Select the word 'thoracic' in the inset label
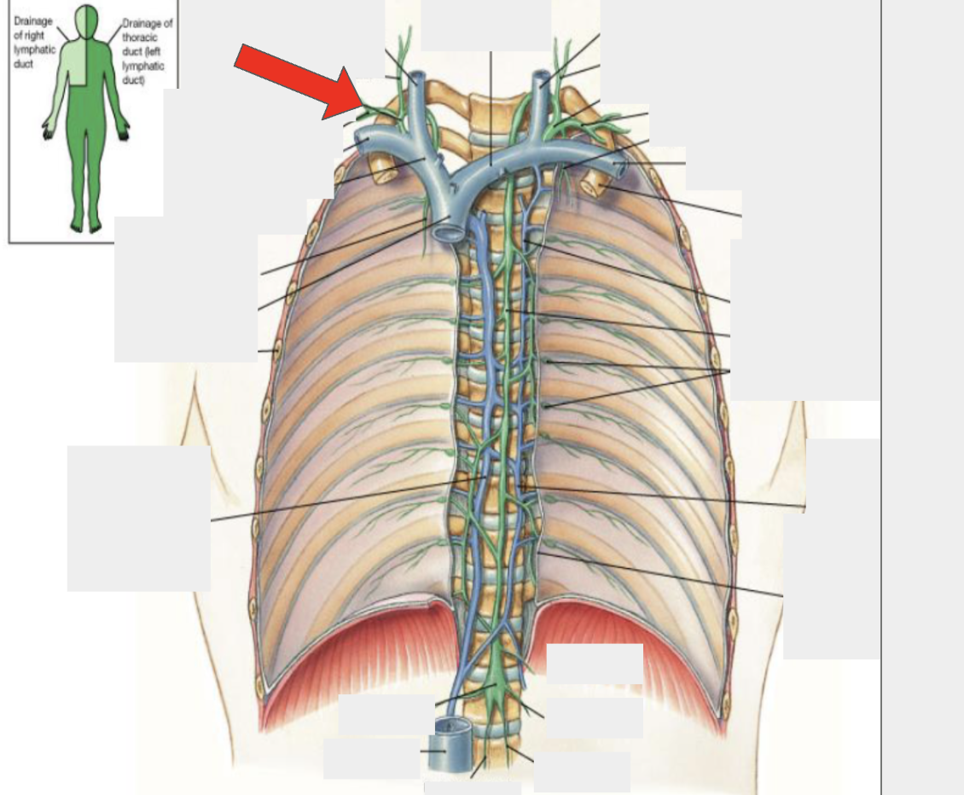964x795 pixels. coord(140,38)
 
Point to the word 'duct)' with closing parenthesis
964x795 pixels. coord(134,80)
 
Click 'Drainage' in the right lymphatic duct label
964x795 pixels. coord(33,21)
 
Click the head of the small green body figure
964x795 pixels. coord(86,20)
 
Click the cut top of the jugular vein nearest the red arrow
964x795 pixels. coord(418,78)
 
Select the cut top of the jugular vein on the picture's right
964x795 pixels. coord(542,76)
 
